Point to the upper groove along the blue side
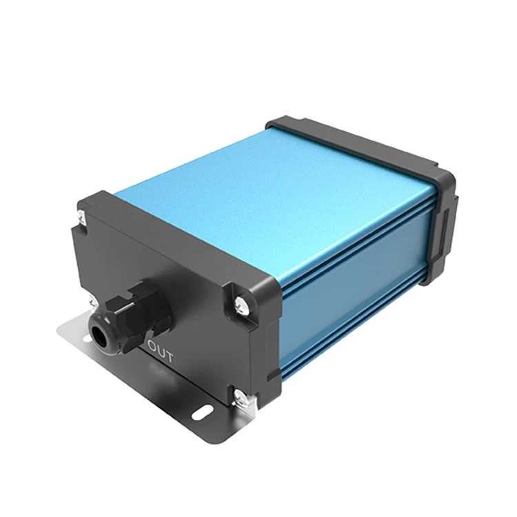click(x=358, y=238)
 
